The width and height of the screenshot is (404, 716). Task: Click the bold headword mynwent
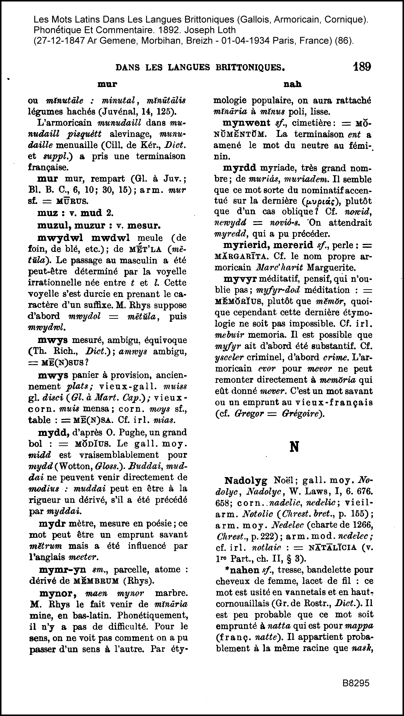tap(246, 123)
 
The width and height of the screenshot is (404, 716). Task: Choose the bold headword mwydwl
tap(60, 238)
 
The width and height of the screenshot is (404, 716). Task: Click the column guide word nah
tap(292, 84)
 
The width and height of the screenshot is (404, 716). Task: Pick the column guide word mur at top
tap(107, 84)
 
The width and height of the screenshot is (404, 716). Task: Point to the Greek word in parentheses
tap(318, 201)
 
